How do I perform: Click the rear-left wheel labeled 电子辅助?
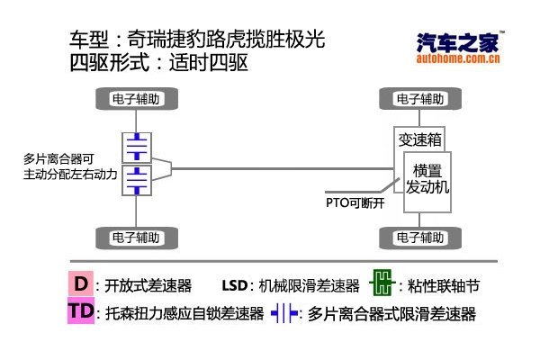(137, 98)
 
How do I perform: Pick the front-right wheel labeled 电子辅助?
(420, 238)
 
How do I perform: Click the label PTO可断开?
(355, 203)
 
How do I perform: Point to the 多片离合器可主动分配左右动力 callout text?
(70, 166)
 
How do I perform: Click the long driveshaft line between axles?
(283, 168)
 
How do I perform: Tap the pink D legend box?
(81, 283)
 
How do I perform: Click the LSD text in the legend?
(235, 285)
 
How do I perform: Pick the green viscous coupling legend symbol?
(382, 283)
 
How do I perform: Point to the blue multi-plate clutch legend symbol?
(284, 313)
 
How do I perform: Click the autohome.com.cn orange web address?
(458, 58)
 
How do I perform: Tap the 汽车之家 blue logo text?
(458, 42)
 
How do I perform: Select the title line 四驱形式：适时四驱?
(158, 63)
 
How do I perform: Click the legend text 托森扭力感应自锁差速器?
(184, 313)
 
